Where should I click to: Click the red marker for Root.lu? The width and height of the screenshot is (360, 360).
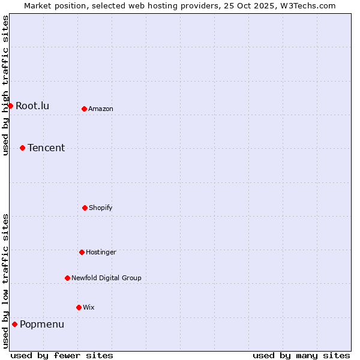(x=10, y=106)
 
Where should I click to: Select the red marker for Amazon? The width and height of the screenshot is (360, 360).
(x=85, y=109)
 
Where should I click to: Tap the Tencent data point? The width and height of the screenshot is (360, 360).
(x=22, y=148)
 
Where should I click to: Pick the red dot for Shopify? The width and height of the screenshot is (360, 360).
(x=85, y=208)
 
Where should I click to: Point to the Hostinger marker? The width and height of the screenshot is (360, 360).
(x=82, y=252)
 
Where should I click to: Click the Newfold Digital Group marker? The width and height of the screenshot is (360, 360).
(x=67, y=278)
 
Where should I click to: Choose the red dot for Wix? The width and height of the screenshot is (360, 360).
(x=79, y=307)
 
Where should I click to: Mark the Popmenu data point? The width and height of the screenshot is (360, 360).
(x=14, y=325)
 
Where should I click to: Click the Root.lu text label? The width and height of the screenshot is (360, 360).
(x=32, y=106)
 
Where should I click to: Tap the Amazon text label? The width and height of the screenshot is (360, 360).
(x=101, y=109)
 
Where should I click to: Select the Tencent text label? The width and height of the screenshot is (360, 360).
(x=46, y=148)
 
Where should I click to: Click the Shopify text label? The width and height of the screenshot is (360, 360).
(x=101, y=208)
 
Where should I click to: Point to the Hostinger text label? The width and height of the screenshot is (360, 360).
(x=101, y=252)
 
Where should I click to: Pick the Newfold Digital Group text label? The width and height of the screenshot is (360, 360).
(x=106, y=278)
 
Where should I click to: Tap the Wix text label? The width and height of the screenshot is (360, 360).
(x=89, y=307)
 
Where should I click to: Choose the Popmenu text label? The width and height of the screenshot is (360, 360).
(x=42, y=325)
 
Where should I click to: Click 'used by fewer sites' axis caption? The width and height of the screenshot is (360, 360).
(x=62, y=355)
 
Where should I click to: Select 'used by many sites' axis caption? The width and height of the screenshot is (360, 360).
(x=301, y=355)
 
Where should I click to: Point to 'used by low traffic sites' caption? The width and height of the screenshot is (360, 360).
(x=5, y=281)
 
